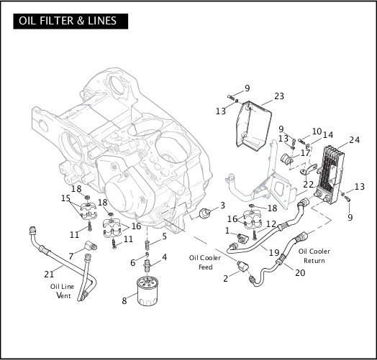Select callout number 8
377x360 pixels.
pos(124,300)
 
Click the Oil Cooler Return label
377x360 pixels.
pos(314,255)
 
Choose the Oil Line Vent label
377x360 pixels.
pos(62,290)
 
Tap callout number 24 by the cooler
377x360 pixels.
pos(354,140)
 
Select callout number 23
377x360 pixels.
pos(279,96)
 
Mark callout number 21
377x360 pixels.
pos(50,273)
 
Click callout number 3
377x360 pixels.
pos(222,205)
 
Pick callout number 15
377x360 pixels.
pos(65,198)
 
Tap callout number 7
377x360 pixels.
pos(71,256)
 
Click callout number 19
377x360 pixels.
pos(273,252)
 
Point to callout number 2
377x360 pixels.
pos(226,278)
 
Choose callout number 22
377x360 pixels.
pos(308,185)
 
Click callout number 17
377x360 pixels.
pos(306,152)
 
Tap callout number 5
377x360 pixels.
pos(164,236)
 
